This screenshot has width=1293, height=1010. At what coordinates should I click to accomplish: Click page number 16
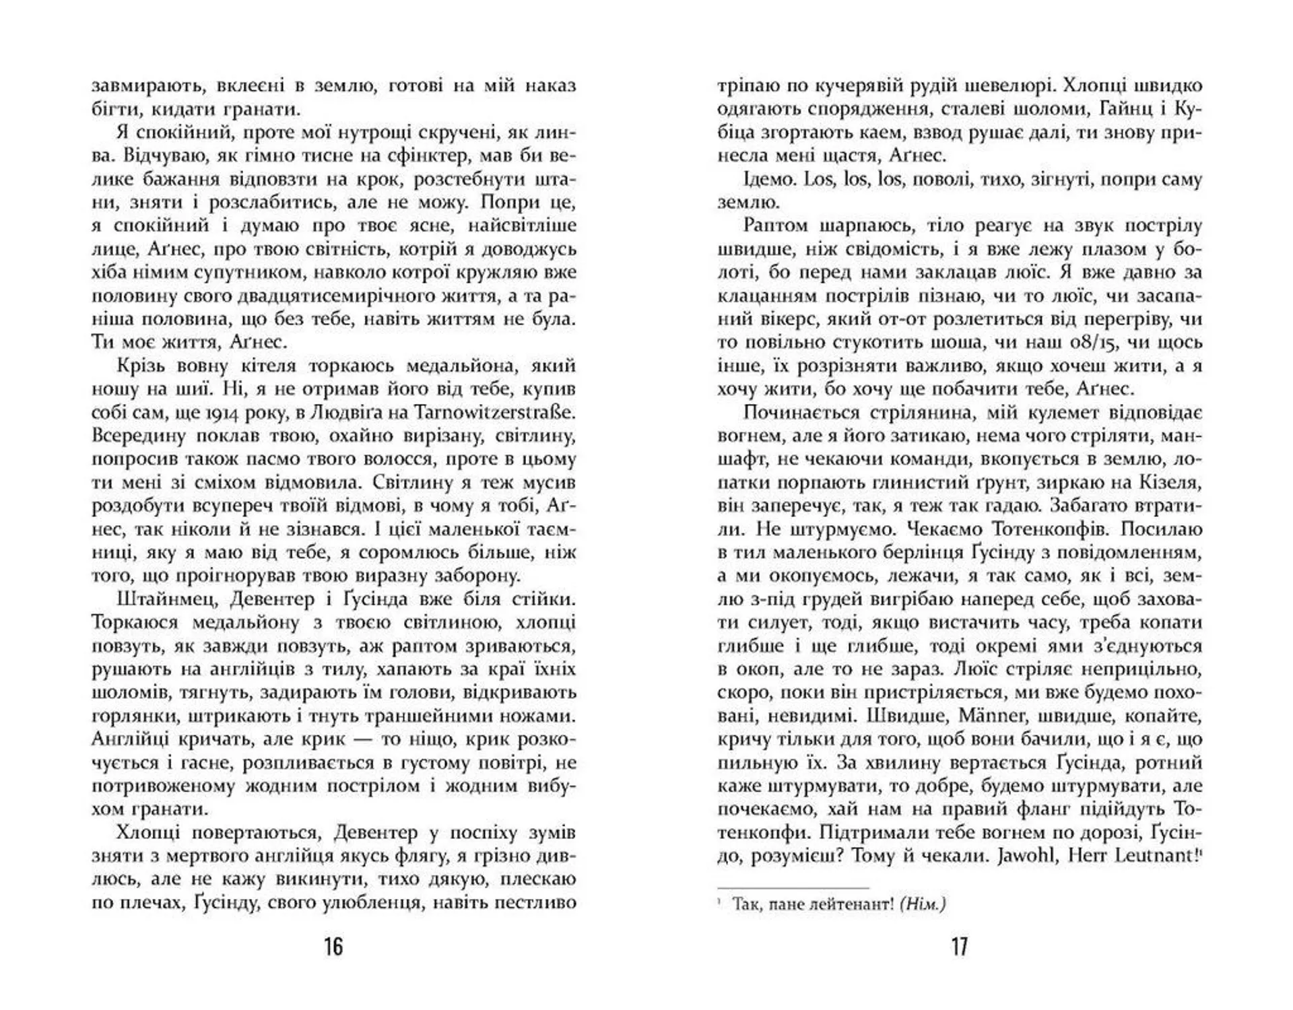(333, 947)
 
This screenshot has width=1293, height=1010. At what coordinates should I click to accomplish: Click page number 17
(959, 947)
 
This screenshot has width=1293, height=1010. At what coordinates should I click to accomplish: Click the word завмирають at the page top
(145, 86)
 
